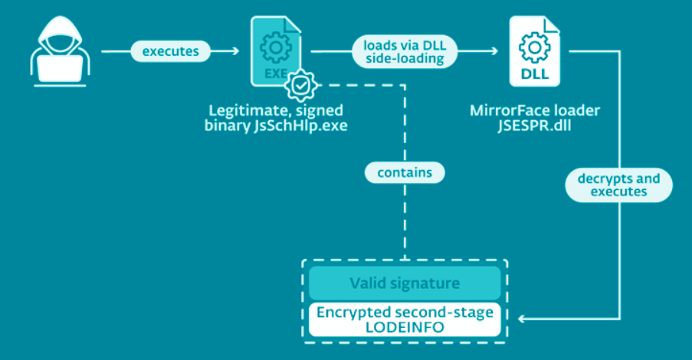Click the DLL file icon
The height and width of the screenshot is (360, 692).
tap(533, 52)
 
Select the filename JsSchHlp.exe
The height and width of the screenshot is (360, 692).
tap(300, 126)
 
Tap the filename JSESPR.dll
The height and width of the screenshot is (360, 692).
tap(534, 126)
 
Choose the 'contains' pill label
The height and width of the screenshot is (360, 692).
tap(405, 172)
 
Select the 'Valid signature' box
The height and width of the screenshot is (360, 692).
tap(405, 283)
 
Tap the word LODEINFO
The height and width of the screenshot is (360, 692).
tap(405, 327)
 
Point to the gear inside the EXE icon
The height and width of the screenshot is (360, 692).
tap(274, 49)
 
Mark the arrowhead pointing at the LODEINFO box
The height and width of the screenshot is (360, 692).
tap(523, 318)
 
